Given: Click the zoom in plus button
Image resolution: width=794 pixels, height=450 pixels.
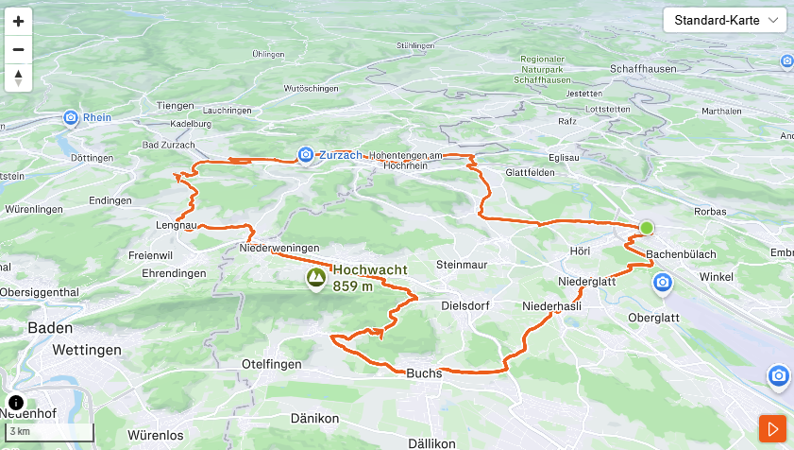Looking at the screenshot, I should [x=18, y=21].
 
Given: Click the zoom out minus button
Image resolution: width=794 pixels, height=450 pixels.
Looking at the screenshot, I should [x=18, y=49].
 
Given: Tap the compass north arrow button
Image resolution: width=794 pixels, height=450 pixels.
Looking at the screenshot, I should [x=18, y=78].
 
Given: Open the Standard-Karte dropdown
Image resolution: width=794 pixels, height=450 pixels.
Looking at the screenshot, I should [x=725, y=20].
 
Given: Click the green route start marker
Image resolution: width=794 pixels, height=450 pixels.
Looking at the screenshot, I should [x=646, y=228].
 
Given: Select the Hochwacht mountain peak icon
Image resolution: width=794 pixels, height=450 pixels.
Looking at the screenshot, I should [x=315, y=278].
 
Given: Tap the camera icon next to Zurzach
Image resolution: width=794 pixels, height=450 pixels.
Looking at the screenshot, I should [x=305, y=154].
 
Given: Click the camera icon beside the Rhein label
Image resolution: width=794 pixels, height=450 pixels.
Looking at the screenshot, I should [x=71, y=118].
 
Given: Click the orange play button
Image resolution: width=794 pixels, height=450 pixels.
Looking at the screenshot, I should [x=772, y=429].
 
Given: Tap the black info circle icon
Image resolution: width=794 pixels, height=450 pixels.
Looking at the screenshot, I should [x=16, y=402].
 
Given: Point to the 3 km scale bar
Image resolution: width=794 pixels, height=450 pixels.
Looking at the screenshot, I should [x=47, y=433].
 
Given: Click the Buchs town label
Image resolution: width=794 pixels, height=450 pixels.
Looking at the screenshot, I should [x=424, y=373].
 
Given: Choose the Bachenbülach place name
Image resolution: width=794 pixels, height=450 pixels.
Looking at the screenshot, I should [x=682, y=255].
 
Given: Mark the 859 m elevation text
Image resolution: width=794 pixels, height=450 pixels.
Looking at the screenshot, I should [x=353, y=286].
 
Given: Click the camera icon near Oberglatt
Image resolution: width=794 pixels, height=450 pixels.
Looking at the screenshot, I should [x=663, y=282].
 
